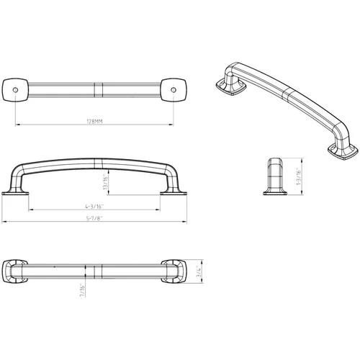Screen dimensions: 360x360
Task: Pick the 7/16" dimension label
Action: (x=86, y=291)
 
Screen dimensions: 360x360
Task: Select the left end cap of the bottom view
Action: (x=17, y=271)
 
